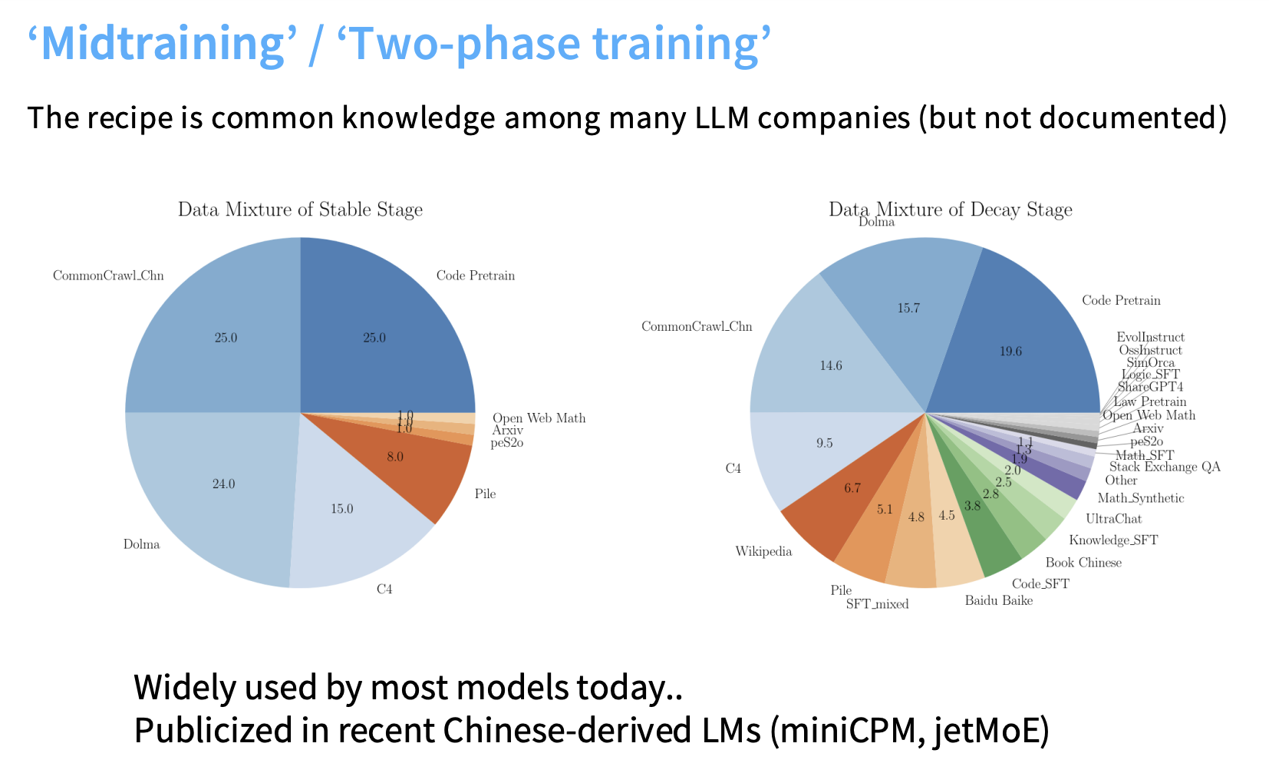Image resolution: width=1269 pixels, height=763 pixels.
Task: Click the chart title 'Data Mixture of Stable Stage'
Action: click(300, 210)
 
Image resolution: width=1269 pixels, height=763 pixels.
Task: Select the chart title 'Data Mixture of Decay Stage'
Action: click(950, 210)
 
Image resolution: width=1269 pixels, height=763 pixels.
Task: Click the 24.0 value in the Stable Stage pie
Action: click(223, 484)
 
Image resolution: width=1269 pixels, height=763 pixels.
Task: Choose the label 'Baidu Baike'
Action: click(998, 600)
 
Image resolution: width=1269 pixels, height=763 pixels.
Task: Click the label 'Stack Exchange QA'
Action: click(1164, 467)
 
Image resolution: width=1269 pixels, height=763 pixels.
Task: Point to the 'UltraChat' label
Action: click(1113, 519)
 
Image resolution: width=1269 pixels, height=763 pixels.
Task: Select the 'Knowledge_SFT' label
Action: click(1112, 540)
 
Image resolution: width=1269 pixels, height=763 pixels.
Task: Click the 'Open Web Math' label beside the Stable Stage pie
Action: click(539, 418)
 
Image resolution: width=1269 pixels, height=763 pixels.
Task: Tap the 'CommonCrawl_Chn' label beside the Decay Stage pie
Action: click(697, 326)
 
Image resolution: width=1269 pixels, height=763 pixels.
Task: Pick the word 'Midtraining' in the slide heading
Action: click(163, 44)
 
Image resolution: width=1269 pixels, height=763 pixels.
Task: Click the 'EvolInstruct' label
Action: click(1150, 337)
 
